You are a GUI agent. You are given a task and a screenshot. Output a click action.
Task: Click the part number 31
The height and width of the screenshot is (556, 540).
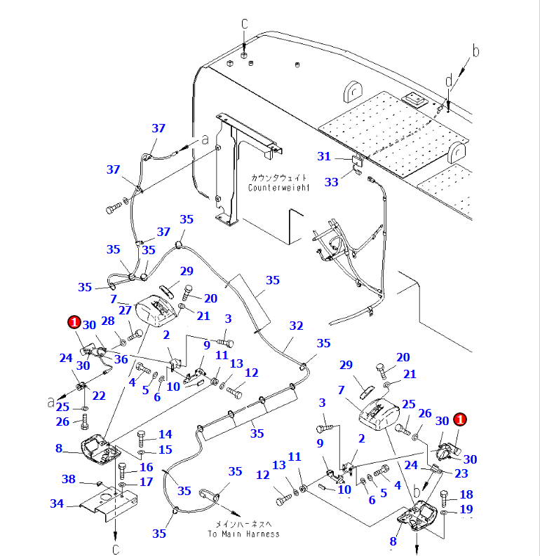coord(323,156)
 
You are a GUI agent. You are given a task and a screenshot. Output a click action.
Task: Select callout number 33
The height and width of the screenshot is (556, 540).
coord(331,181)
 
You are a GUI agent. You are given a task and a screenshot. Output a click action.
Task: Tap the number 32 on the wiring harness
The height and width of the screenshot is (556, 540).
coord(296,326)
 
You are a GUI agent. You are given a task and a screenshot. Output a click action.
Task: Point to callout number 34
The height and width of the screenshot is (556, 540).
coord(57,503)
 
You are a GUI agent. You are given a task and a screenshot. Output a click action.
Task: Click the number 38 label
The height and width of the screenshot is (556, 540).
coord(68,480)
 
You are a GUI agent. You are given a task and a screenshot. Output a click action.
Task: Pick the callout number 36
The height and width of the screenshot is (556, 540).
coord(121,359)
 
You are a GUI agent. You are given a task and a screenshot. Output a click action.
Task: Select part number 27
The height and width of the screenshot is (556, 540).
coord(125,310)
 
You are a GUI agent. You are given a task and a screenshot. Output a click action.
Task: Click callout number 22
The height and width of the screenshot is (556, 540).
coord(98,396)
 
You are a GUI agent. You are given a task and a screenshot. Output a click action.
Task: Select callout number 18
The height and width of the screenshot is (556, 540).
coord(466,494)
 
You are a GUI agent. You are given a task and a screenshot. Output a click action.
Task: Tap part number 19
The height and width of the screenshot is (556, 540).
coord(466,509)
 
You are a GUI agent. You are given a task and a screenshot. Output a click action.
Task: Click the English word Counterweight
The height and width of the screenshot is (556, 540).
coord(278,188)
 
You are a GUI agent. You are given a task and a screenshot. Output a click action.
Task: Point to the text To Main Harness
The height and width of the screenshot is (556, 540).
coord(243,534)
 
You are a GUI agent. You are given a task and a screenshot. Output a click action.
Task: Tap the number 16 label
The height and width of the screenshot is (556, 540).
coord(146,467)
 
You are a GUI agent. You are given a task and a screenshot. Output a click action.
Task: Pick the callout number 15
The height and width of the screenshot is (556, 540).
coord(166,450)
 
